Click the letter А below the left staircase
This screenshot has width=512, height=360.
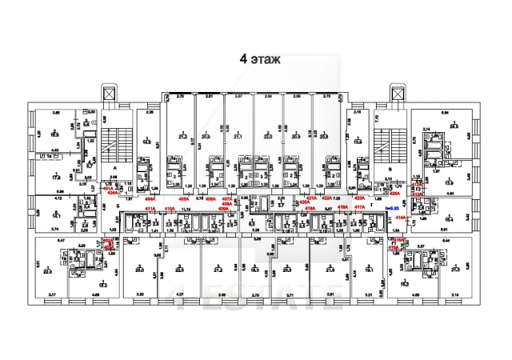[115, 167]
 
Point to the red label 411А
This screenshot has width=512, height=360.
[150, 209]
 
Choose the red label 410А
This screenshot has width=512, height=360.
[170, 209]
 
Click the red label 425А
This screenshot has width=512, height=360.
[394, 193]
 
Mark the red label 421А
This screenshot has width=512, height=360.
[312, 197]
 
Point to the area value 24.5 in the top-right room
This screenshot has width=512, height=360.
[454, 126]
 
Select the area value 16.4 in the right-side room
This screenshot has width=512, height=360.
[450, 218]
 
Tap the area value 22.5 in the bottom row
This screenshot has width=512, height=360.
[179, 270]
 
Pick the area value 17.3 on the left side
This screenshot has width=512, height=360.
[57, 177]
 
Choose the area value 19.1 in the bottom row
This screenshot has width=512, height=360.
[370, 270]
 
